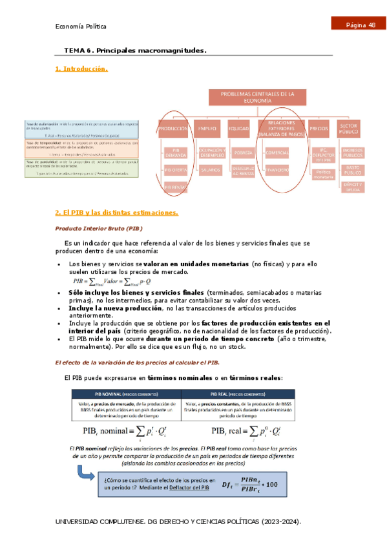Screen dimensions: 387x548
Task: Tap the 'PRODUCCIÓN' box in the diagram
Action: pyautogui.click(x=173, y=129)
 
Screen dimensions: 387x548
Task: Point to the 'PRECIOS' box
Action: pyautogui.click(x=319, y=129)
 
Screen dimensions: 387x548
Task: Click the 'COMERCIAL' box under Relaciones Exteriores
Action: pyautogui.click(x=278, y=153)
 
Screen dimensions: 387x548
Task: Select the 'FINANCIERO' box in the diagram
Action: pyautogui.click(x=278, y=169)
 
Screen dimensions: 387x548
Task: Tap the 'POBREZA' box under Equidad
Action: pyautogui.click(x=242, y=153)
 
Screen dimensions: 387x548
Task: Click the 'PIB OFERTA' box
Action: pyautogui.click(x=175, y=169)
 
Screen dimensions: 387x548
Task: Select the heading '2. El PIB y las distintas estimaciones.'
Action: pyautogui.click(x=116, y=213)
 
